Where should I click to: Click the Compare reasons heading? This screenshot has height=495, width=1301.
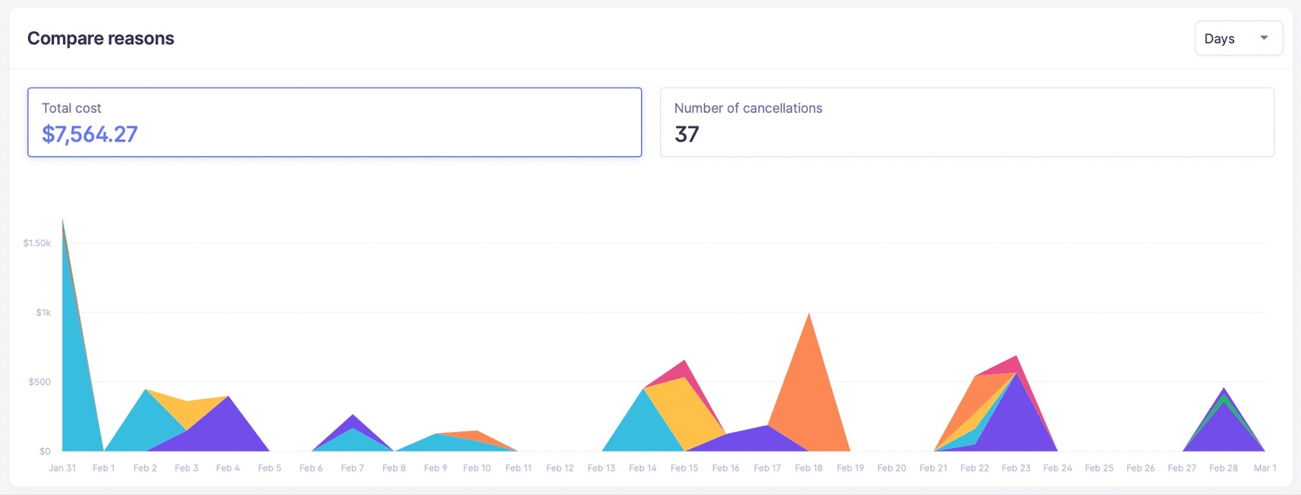point(100,39)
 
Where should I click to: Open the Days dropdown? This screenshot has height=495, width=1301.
point(1237,39)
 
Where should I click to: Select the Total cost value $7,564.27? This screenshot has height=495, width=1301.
point(90,135)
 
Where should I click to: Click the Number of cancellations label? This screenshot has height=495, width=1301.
point(748,109)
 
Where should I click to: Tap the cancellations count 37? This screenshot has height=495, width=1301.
point(686,135)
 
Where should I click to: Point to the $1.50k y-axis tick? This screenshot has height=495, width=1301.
point(37,243)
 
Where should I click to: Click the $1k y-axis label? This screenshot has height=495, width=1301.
point(43,312)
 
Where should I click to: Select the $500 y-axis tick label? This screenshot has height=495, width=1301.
point(39,382)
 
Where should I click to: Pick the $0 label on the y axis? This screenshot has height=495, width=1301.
point(44,451)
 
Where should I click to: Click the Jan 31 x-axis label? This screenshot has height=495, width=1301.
point(62,468)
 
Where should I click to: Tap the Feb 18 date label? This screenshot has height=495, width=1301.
point(809,468)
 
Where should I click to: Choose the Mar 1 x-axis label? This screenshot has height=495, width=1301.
point(1265,468)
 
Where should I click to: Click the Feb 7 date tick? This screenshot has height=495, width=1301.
point(353,468)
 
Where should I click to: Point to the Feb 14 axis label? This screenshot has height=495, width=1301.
point(643,468)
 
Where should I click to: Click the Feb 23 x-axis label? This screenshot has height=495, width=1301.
point(1016,468)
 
